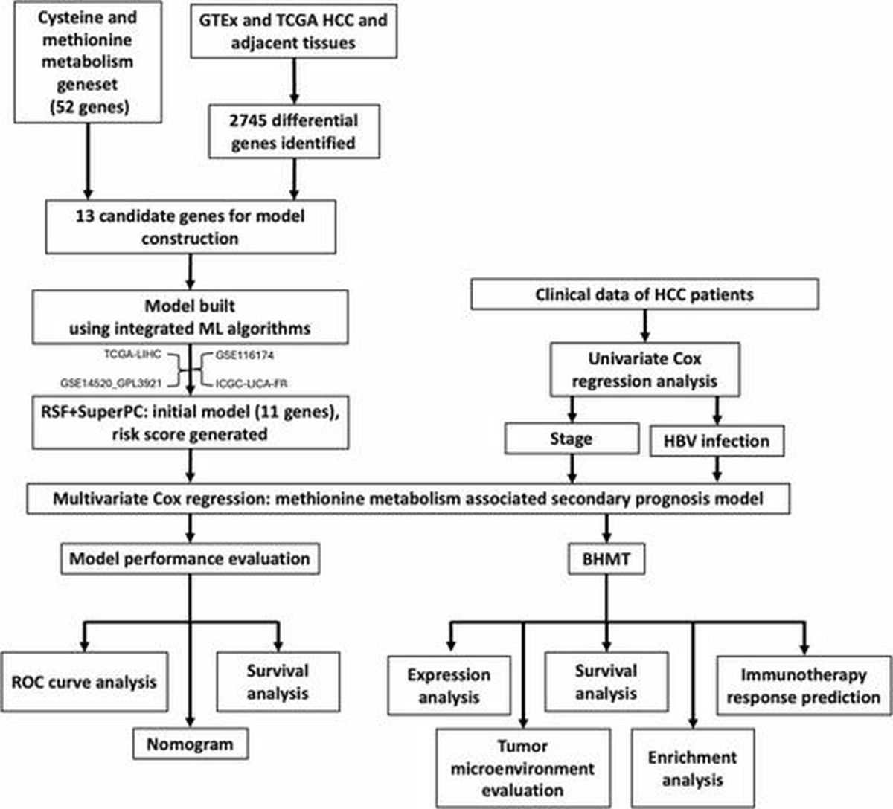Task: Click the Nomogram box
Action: pos(191,744)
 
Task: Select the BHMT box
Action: pos(606,558)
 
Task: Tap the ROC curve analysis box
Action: pos(84,682)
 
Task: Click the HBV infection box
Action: pos(717,441)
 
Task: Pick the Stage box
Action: pos(572,439)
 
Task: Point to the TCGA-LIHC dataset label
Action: pos(132,354)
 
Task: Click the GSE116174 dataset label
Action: pos(244,355)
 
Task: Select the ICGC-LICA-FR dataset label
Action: pos(252,383)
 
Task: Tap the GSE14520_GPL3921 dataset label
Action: pos(111,383)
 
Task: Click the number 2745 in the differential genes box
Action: pos(248,120)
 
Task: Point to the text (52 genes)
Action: pos(89,107)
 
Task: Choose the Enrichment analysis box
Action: pos(693,769)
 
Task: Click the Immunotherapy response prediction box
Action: pos(804,686)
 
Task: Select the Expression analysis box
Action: pos(449,686)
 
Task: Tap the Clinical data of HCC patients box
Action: pos(644,294)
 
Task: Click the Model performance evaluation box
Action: pos(190,558)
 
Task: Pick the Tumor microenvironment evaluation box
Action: pos(523,769)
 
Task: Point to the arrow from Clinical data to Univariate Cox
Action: pos(645,326)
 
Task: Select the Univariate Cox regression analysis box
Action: pos(645,370)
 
